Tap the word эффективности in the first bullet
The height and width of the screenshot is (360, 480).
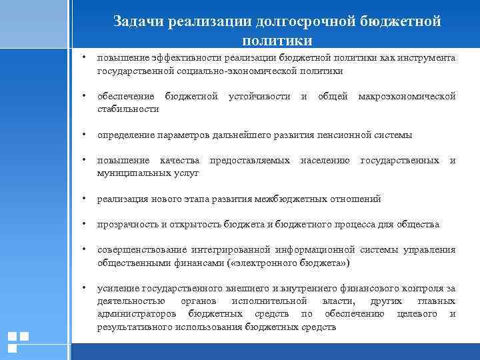[174, 59]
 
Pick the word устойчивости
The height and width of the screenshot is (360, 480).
[259, 97]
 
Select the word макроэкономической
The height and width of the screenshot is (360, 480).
[407, 97]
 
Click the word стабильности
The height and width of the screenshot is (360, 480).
[128, 109]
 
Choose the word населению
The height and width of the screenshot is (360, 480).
[325, 161]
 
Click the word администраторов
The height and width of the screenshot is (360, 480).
[137, 314]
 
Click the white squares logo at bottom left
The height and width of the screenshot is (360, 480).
[17, 341]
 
